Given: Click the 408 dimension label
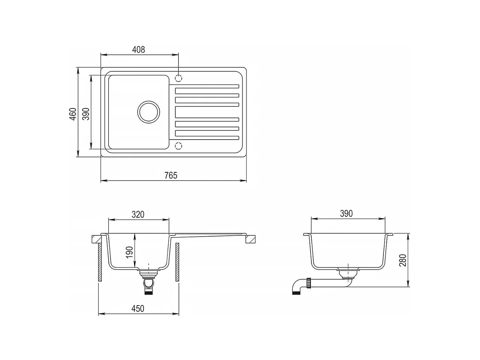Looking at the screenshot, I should tap(138, 49).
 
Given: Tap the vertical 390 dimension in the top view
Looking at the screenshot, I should tap(86, 114).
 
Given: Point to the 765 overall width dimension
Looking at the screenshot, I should tap(171, 175).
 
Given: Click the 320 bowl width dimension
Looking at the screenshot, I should tap(138, 215).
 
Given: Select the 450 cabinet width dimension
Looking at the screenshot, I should tap(138, 308).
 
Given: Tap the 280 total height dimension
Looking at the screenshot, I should tap(403, 260).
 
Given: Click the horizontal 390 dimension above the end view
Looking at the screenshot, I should tap(346, 213).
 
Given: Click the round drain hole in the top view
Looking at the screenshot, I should tap(149, 112).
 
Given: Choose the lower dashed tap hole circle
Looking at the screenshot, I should tap(179, 146).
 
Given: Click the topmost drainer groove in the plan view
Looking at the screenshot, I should tap(207, 87).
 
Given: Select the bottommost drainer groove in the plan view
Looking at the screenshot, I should tap(207, 138).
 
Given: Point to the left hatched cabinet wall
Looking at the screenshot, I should tap(100, 262).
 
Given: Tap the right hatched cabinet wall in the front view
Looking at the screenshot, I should tap(177, 262).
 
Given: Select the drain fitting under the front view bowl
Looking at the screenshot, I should tap(149, 281).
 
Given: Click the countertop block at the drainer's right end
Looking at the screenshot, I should tap(251, 239).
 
